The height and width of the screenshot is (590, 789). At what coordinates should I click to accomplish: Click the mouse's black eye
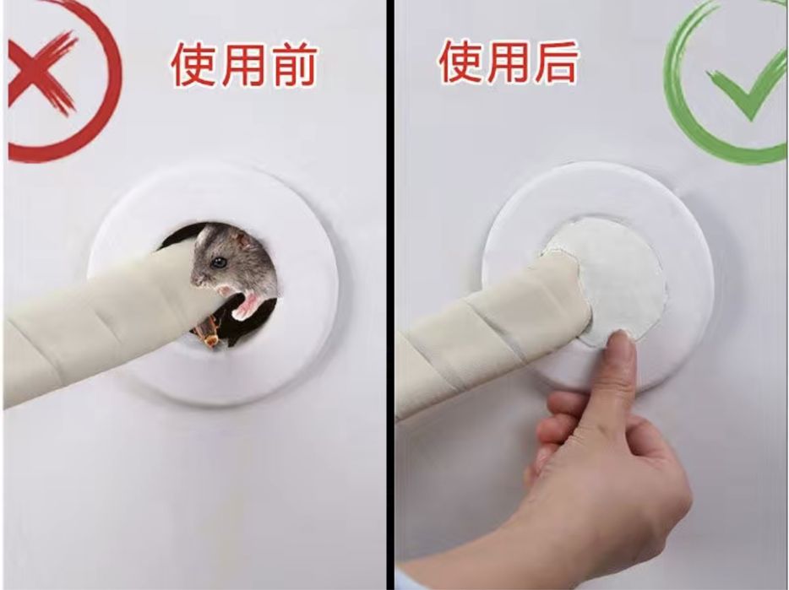point(219,262)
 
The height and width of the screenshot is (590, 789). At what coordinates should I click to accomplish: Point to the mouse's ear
point(244,240)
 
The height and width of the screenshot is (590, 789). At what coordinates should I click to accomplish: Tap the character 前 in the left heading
point(293,64)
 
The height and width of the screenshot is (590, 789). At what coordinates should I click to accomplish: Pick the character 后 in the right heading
point(553,62)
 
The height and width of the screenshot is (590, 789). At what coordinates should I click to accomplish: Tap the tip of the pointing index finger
point(620,335)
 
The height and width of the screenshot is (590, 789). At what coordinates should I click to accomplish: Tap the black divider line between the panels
point(390,295)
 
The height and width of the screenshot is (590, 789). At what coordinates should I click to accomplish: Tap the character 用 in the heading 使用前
point(243,64)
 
